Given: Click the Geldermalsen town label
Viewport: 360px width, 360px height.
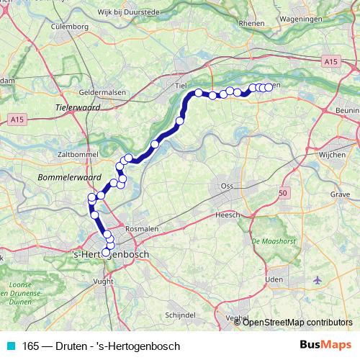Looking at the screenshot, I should pos(87,93).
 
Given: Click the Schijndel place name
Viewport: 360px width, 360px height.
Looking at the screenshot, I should pos(181,315).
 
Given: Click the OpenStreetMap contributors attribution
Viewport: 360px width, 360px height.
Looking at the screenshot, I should pos(297,323).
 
